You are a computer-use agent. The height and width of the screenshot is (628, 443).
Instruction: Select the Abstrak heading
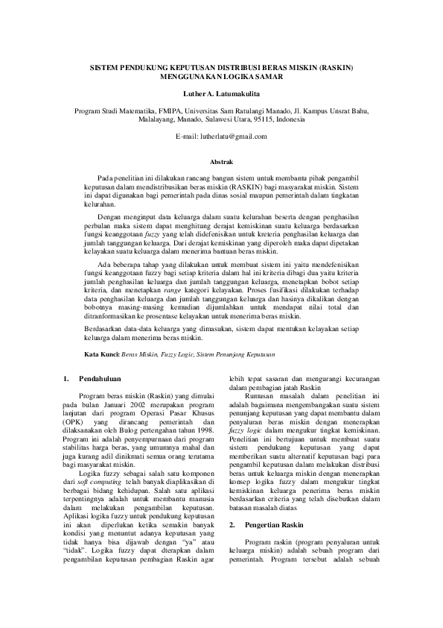[221, 161]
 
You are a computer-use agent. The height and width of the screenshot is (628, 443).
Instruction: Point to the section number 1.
[66, 379]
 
